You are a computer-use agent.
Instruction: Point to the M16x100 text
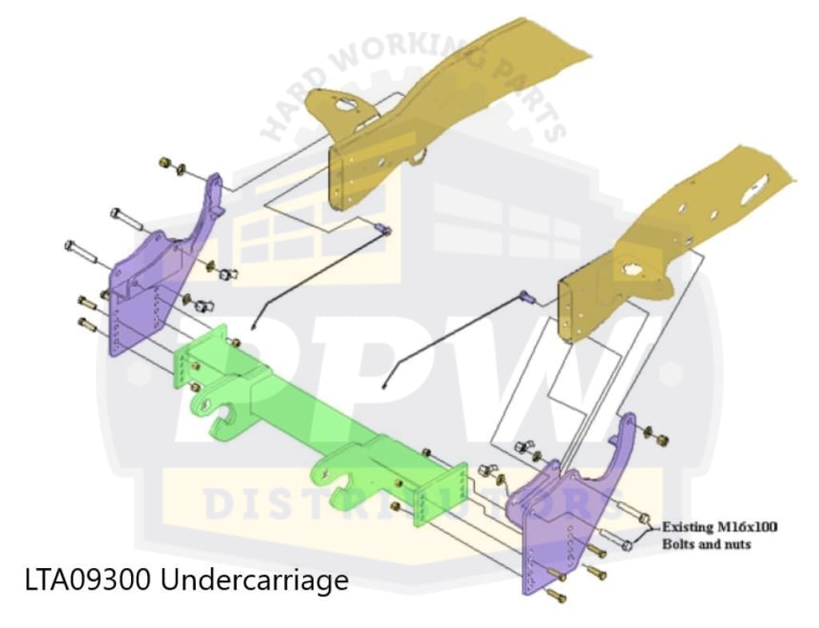pyautogui.click(x=750, y=527)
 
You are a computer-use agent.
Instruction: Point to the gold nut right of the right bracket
pyautogui.click(x=662, y=439)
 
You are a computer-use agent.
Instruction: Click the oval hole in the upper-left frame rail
pyautogui.click(x=342, y=105)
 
